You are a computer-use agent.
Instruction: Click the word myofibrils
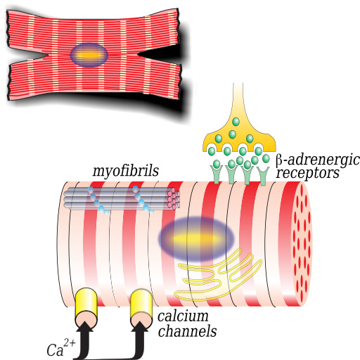point(126,172)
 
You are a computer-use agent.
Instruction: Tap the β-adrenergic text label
point(318,160)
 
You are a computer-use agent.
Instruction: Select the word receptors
point(308,174)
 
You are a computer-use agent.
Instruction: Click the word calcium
point(183,316)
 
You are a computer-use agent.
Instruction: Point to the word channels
point(187,331)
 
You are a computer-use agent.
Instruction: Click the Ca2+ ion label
point(61,349)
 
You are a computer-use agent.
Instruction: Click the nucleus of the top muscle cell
point(89,56)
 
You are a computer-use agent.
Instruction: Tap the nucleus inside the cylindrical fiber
point(196,239)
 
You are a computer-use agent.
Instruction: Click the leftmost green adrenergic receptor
point(217,174)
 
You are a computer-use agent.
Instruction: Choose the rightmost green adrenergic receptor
point(263,175)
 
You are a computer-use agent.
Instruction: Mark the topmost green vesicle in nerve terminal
point(236,122)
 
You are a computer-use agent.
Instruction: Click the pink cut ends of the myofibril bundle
point(174,198)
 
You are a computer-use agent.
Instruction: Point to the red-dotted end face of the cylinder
point(302,244)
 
